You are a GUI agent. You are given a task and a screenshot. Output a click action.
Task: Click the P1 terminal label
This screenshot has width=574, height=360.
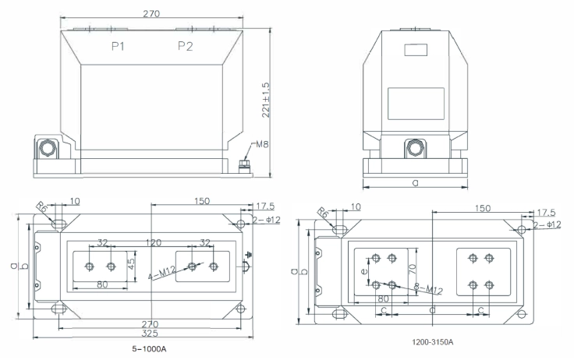pos(118,47)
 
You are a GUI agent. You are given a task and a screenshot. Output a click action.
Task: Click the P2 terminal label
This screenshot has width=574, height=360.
pos(186,46)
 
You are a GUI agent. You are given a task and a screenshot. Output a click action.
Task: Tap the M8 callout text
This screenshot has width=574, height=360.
pos(262,144)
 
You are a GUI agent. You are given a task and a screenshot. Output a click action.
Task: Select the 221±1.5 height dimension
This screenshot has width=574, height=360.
pos(266,100)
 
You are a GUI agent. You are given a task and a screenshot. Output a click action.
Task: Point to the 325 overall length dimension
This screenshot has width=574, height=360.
pos(150,333)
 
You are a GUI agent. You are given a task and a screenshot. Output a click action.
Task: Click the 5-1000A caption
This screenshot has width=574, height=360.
pos(149,349)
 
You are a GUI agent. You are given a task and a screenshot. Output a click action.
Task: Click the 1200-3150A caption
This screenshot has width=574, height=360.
pos(433,342)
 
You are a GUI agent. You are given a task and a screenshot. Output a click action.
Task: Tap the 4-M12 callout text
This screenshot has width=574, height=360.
pos(161,273)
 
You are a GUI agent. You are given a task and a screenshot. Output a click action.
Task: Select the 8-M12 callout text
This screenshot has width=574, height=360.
pos(428,288)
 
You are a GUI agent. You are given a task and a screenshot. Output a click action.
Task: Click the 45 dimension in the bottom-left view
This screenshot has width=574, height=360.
pos(132,262)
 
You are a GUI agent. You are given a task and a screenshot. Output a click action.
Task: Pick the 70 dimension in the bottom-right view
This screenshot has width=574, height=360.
pos(413,270)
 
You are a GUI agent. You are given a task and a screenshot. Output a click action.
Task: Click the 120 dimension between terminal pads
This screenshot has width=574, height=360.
pos(154,242)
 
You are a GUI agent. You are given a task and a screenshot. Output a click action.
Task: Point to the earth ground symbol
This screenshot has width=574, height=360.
pos(250,254)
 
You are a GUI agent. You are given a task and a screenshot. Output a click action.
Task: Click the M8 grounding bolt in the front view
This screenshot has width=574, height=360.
pos(244,167)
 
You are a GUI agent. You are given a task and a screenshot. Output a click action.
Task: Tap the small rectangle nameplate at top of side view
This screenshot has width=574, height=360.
pos(416,50)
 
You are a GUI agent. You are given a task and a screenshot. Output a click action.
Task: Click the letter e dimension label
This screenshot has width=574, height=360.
pos(364,271)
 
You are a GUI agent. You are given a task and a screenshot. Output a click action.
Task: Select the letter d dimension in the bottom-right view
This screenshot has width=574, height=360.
pos(432,310)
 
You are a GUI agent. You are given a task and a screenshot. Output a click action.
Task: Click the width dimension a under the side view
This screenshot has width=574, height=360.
pos(415,182)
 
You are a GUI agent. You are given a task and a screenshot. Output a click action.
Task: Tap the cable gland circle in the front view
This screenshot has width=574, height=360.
pos(48,148)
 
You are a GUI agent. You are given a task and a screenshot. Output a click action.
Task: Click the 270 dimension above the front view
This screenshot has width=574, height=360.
pos(151,13)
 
